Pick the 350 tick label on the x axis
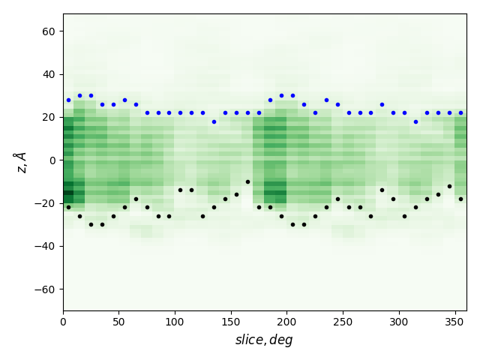455,322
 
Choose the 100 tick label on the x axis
175,322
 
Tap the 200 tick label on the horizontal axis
287,322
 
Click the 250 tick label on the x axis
343,322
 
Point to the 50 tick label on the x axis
119,322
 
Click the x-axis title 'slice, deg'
264,340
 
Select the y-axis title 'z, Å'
21,162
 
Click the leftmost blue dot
68,100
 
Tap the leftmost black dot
68,207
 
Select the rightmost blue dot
460,113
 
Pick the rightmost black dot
460,199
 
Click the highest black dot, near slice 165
247,181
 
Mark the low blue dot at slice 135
214,121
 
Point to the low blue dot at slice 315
415,121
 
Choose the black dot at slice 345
449,186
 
